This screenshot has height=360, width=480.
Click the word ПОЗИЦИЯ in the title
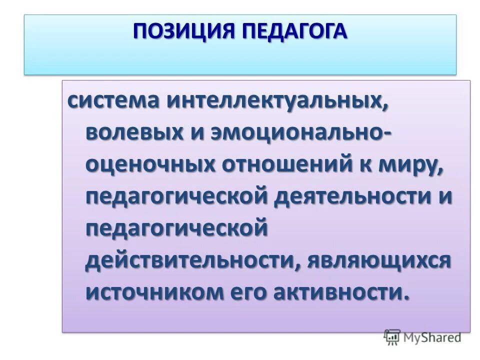click(184, 31)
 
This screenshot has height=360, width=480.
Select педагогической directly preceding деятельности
click(177, 196)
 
